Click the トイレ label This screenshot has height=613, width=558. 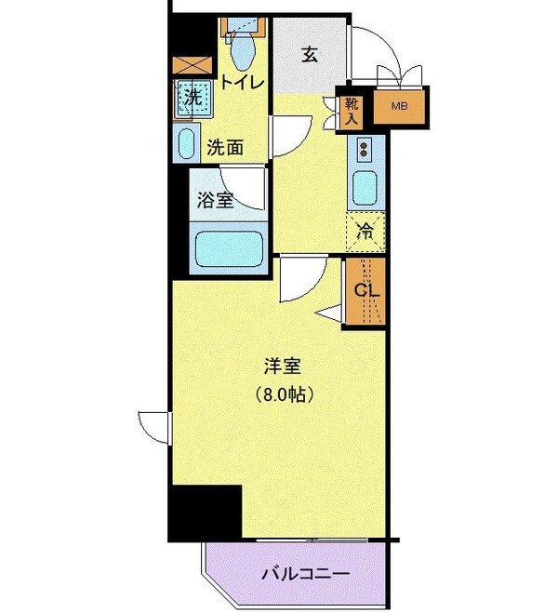pyautogui.click(x=243, y=83)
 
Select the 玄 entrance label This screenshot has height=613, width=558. pyautogui.click(x=309, y=54)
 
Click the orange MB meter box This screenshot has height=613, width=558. pyautogui.click(x=400, y=106)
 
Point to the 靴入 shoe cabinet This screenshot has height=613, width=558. pyautogui.click(x=352, y=110)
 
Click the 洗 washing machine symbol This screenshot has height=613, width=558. pyautogui.click(x=193, y=95)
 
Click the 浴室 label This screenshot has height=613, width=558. pyautogui.click(x=215, y=199)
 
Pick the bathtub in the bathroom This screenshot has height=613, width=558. pyautogui.click(x=229, y=248)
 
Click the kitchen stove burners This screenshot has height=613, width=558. pyautogui.click(x=364, y=149)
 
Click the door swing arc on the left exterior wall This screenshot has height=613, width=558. pyautogui.click(x=152, y=424)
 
